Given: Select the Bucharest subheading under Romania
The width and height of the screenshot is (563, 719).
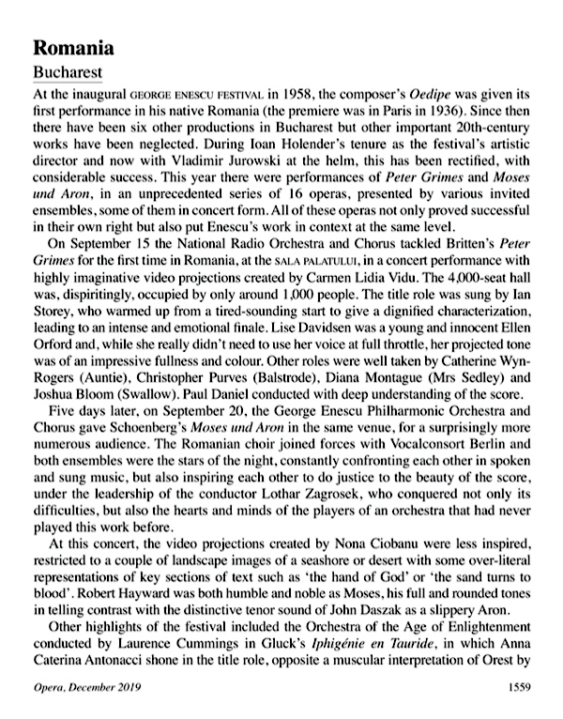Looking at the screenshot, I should tap(68, 71).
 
